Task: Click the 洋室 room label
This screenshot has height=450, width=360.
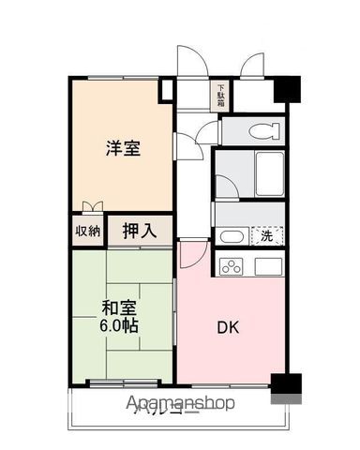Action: click(x=123, y=147)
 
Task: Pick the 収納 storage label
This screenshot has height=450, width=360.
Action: click(x=87, y=231)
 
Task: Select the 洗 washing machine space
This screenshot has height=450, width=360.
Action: click(x=266, y=236)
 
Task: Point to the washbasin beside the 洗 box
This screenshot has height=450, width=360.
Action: click(x=233, y=237)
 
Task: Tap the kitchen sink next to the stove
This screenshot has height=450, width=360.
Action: click(x=267, y=267)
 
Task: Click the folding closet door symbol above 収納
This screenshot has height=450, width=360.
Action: click(x=90, y=208)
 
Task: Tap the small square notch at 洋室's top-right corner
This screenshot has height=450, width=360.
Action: click(x=166, y=92)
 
